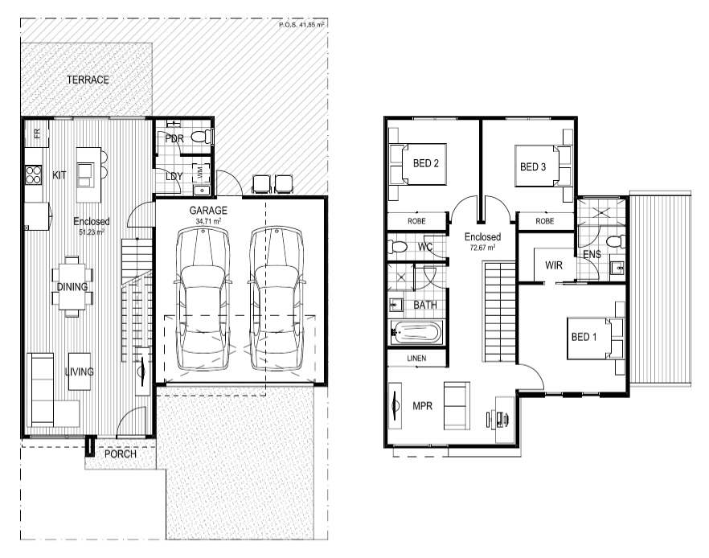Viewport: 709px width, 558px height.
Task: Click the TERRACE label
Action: [x=88, y=80]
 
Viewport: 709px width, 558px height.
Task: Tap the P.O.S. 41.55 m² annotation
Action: [x=301, y=24]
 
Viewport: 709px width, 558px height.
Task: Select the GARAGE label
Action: [x=208, y=211]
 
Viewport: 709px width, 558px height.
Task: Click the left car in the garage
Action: [x=202, y=300]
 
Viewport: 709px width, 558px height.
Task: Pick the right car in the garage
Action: [x=277, y=300]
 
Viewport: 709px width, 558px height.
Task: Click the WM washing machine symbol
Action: [x=200, y=172]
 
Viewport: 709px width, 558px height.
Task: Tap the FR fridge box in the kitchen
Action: [x=37, y=133]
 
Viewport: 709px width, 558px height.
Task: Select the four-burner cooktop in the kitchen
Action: [x=34, y=175]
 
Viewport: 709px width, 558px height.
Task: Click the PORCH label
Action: [x=121, y=454]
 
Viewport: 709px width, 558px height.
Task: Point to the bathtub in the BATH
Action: [x=416, y=333]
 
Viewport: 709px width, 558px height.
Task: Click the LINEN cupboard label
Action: [x=416, y=358]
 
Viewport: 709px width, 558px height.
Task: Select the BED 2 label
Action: [x=426, y=163]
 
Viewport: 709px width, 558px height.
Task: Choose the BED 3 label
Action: [x=533, y=167]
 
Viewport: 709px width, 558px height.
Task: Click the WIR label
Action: [x=554, y=265]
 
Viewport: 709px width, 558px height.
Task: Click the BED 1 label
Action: [x=584, y=337]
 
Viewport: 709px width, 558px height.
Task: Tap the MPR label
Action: [x=422, y=406]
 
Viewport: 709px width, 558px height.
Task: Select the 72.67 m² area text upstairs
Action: [x=482, y=248]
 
